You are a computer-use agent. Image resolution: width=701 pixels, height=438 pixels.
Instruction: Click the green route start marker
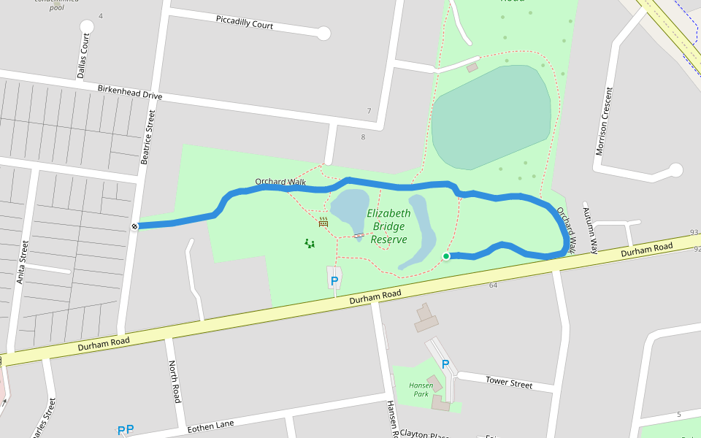coord(446,256)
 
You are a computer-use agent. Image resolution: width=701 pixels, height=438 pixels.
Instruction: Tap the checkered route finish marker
coord(135,226)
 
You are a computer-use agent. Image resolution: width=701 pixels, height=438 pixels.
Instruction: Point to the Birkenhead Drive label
coord(130,92)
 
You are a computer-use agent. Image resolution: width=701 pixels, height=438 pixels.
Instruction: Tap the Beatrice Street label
coord(148,137)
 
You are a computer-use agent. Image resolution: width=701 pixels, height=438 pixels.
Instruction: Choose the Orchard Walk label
coord(280,181)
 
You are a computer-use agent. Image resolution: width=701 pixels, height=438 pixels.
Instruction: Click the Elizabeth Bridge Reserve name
coord(388,226)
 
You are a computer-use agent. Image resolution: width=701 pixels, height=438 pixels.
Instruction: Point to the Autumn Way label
coord(590,228)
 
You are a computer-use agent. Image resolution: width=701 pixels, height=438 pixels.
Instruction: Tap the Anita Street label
coord(23,261)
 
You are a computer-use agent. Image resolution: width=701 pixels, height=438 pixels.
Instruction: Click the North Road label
coord(175,381)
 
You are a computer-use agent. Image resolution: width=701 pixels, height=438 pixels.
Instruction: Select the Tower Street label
coord(509,383)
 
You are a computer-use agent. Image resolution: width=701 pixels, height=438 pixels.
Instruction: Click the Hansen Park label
coord(421,389)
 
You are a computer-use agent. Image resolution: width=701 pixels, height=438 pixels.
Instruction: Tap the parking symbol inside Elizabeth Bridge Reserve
coord(334,280)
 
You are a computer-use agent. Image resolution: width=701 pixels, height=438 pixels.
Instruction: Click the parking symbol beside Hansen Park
coord(445,364)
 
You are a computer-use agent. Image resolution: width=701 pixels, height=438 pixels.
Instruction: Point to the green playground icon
coord(310,243)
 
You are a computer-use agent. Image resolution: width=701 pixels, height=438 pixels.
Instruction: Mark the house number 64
coord(493,285)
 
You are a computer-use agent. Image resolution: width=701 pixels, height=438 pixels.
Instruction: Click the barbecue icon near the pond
coord(323,222)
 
